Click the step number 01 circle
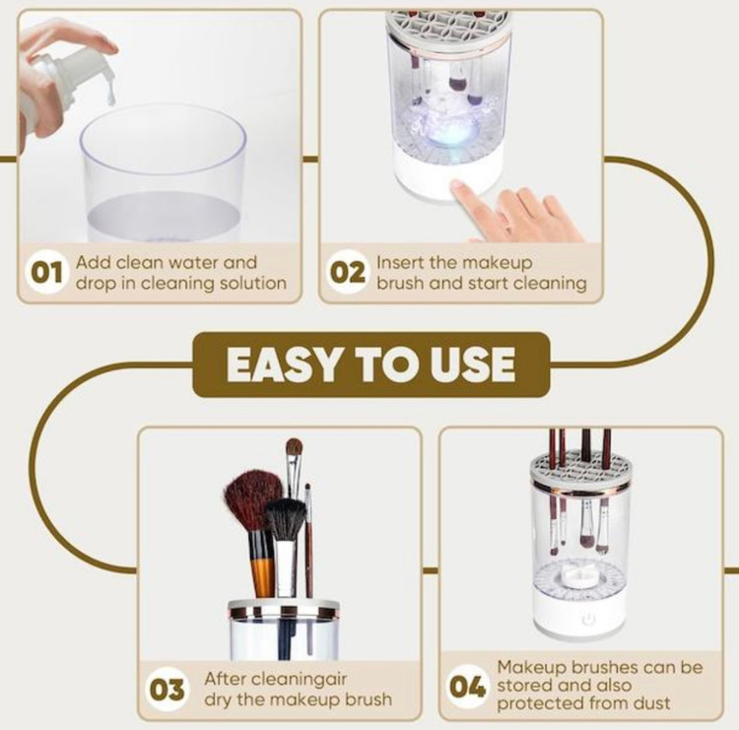(x=45, y=273)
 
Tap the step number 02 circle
(x=348, y=273)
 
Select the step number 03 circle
(x=167, y=690)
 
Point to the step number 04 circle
(x=467, y=687)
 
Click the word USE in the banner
(x=472, y=365)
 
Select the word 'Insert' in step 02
(x=398, y=262)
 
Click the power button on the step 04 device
(x=587, y=619)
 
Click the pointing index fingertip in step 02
(x=457, y=187)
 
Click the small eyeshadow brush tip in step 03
(x=294, y=446)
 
